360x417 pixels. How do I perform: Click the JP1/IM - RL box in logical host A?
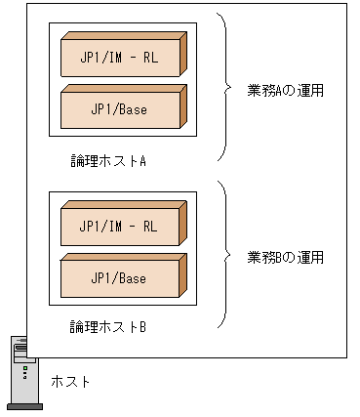pos(119,58)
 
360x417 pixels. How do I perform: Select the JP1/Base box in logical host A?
pos(119,109)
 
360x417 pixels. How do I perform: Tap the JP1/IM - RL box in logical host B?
pos(119,226)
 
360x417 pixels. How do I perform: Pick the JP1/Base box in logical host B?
pos(119,278)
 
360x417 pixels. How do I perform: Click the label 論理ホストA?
pos(108,160)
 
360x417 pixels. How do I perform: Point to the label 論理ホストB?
pos(108,326)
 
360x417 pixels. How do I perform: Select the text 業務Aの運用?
pos(286,91)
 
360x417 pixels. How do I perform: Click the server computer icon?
pos(20,371)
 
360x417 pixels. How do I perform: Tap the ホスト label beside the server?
pos(70,381)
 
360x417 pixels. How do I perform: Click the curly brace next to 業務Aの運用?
pos(227,88)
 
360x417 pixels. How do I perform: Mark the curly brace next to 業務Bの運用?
pos(227,256)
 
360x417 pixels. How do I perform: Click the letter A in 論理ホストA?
pos(142,160)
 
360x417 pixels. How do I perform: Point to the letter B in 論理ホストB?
pos(142,326)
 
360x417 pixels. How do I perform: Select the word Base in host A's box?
pos(133,109)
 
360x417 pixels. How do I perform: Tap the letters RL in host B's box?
pos(149,226)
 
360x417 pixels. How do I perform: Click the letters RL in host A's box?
pos(149,58)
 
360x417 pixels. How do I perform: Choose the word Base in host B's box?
pos(133,278)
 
